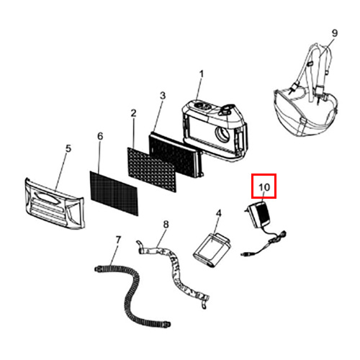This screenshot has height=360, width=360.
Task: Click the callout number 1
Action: [202, 74]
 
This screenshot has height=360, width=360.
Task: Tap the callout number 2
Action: [133, 113]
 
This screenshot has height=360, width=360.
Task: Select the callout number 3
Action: [163, 96]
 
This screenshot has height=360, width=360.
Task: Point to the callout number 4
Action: [218, 213]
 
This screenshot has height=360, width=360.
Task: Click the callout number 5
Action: [68, 148]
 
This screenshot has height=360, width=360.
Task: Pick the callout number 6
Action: [100, 136]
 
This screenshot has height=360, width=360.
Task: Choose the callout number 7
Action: [118, 240]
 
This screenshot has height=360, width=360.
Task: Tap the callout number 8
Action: [166, 225]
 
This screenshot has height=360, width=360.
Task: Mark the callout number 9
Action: [335, 33]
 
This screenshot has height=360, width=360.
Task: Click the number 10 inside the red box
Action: [264, 187]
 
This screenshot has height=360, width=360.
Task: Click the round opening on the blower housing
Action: [222, 135]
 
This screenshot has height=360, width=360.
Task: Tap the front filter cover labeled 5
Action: [55, 204]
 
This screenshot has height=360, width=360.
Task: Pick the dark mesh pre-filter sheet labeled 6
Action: [114, 193]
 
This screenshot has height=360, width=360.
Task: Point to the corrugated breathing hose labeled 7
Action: [132, 294]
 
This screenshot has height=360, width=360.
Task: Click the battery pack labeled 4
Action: [212, 251]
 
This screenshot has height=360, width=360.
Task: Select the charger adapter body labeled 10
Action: [258, 215]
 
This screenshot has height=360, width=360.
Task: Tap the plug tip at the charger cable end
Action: [243, 253]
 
